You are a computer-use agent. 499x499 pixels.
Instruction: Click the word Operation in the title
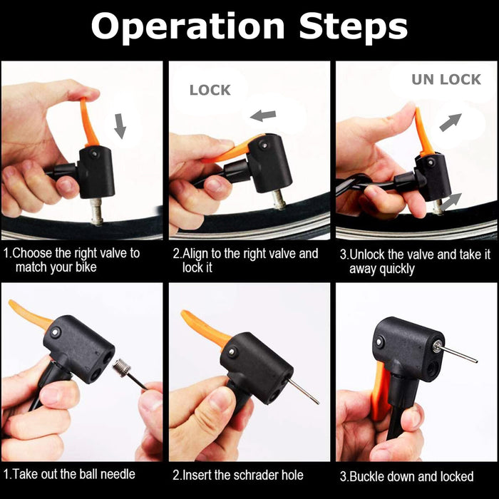(x=187, y=27)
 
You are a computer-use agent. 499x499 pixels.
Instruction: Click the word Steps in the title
(x=354, y=27)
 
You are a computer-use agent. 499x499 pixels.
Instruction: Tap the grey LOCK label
(x=210, y=91)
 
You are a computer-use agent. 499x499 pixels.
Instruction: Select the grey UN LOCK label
(x=446, y=80)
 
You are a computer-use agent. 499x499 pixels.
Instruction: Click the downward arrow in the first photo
(x=120, y=126)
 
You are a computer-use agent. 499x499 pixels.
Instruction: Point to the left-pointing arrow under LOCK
(x=263, y=115)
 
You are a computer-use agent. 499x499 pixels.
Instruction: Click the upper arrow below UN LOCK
(x=451, y=122)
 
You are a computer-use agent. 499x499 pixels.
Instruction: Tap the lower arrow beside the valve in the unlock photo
(x=451, y=201)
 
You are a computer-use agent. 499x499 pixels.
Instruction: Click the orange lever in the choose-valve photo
(x=88, y=123)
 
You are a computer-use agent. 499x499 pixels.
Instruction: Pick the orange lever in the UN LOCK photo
(x=423, y=132)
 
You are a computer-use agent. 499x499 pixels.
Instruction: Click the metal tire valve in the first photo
(x=96, y=211)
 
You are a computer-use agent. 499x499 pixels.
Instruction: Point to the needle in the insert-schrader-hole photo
(x=303, y=390)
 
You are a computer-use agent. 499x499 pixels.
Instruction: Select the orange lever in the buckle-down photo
(x=380, y=391)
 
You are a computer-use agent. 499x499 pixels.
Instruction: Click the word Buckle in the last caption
(x=365, y=476)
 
